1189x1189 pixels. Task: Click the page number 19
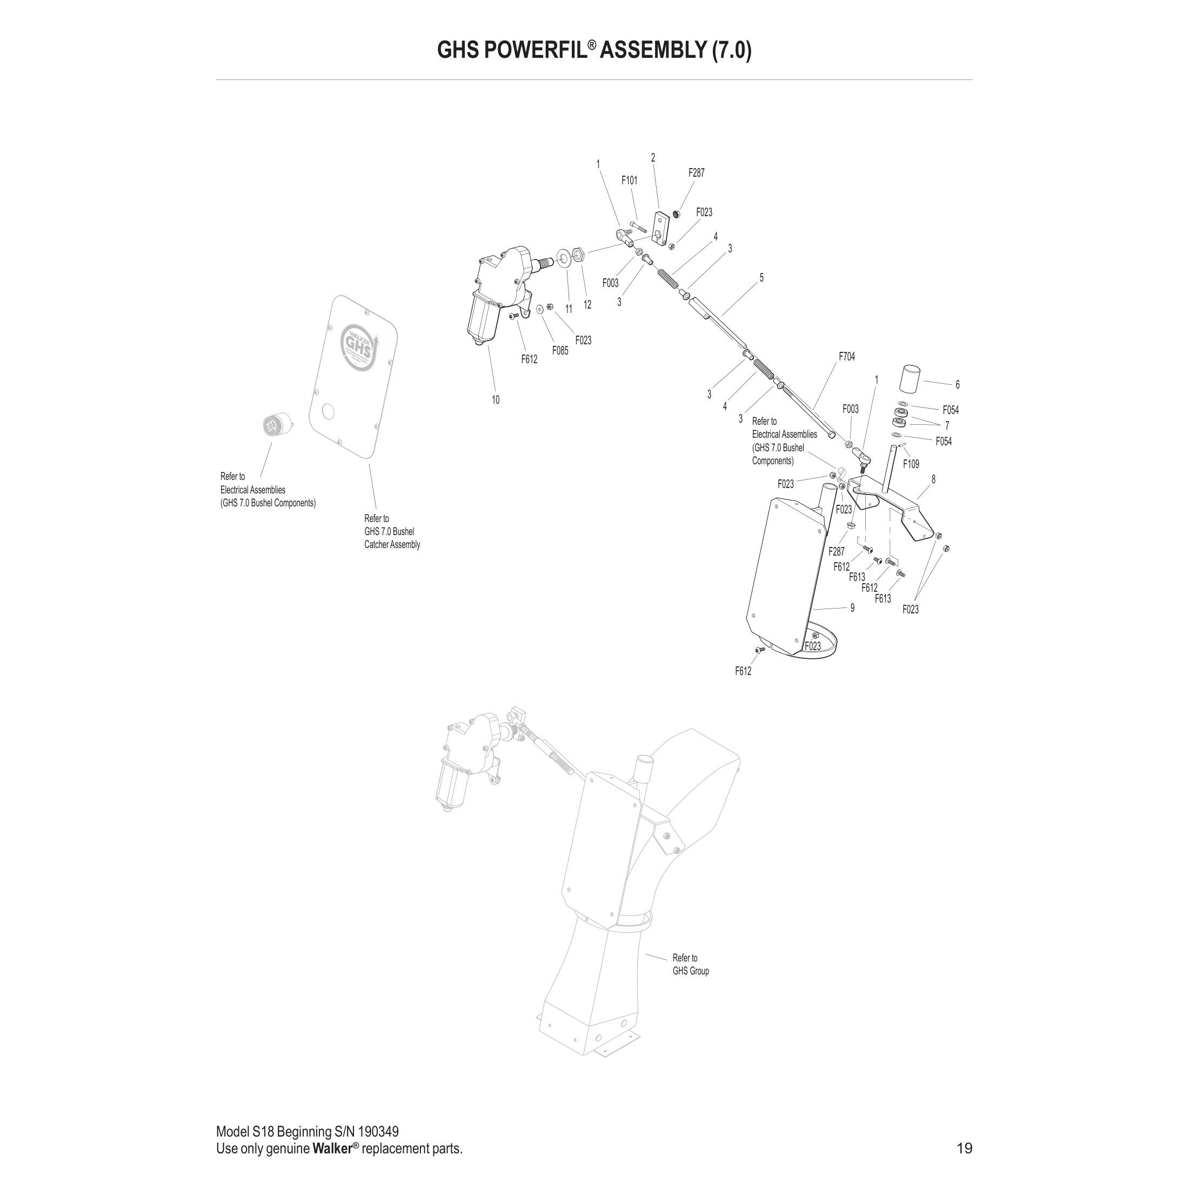coord(964,1148)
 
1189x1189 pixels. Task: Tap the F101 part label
coord(629,181)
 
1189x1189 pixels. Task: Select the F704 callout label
coord(846,356)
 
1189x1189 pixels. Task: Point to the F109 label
coord(911,464)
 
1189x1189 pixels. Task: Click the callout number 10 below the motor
coord(496,400)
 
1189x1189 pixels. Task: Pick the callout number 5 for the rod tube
coord(762,278)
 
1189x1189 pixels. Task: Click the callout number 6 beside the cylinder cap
coord(957,385)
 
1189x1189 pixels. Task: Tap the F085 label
coord(560,351)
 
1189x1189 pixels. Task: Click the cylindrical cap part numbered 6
coord(910,378)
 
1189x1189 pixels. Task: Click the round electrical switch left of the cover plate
coord(272,425)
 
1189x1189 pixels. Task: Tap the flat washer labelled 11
coord(563,256)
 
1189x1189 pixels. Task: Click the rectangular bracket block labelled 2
coord(660,226)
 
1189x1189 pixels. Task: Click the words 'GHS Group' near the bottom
coord(691,971)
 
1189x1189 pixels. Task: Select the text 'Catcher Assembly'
coord(392,545)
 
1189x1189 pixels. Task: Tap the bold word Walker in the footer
coord(332,1148)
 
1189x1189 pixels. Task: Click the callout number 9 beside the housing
coord(852,608)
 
